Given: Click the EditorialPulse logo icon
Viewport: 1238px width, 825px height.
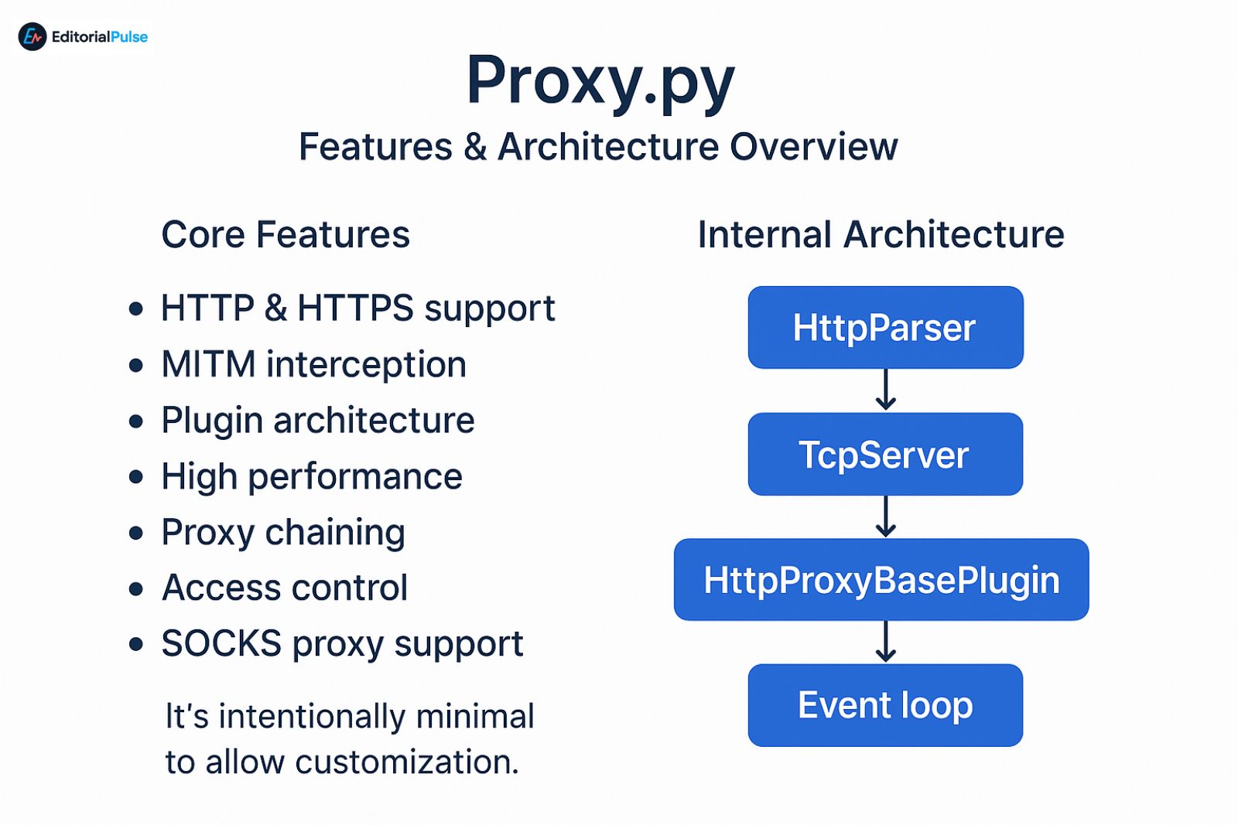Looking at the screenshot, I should click(x=32, y=36).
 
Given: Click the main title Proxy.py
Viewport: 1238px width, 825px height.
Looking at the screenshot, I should click(x=600, y=82).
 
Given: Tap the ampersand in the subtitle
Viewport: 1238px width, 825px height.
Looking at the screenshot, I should click(x=475, y=147).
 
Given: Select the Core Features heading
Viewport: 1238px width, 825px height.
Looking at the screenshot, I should click(x=286, y=234).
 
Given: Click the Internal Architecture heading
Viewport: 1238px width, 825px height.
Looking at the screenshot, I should click(x=881, y=234).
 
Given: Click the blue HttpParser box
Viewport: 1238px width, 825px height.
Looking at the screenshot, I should click(x=885, y=327).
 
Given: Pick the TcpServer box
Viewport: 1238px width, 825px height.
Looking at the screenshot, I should click(x=885, y=454).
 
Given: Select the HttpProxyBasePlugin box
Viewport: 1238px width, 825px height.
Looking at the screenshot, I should click(x=881, y=580).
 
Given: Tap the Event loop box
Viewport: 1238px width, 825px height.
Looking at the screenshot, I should click(x=885, y=705).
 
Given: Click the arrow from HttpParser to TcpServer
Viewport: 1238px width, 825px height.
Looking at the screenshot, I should click(x=886, y=390).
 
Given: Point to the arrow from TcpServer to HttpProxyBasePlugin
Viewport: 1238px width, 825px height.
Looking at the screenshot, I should click(x=886, y=516).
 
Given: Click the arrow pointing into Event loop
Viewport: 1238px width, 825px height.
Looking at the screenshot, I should click(x=886, y=642).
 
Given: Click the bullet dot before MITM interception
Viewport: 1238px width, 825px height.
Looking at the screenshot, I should click(x=136, y=365).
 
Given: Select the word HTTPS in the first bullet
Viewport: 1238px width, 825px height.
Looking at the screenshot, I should click(x=356, y=309).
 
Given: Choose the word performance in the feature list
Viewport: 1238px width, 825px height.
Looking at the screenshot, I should click(x=355, y=477).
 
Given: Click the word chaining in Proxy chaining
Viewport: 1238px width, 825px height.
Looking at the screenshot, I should click(x=335, y=533).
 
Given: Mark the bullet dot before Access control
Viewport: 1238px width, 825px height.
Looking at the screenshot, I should click(x=136, y=589).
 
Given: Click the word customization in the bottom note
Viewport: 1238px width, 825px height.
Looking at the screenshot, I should click(x=406, y=762).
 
